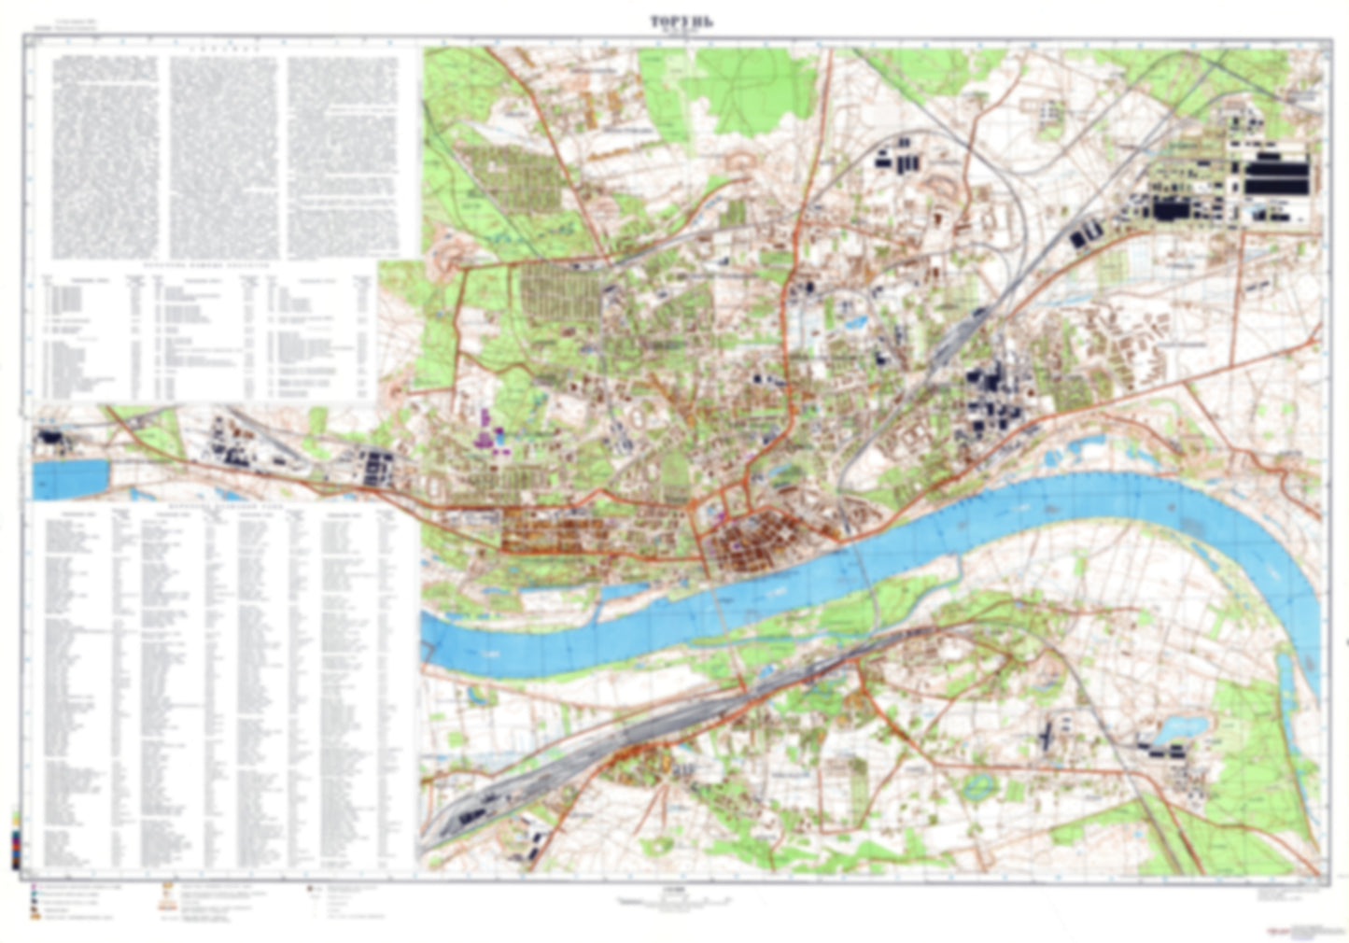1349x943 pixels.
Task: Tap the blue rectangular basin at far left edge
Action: pyautogui.click(x=71, y=478)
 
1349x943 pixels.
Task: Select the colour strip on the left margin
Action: pyautogui.click(x=16, y=840)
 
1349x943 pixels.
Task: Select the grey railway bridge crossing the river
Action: pyautogui.click(x=864, y=560)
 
